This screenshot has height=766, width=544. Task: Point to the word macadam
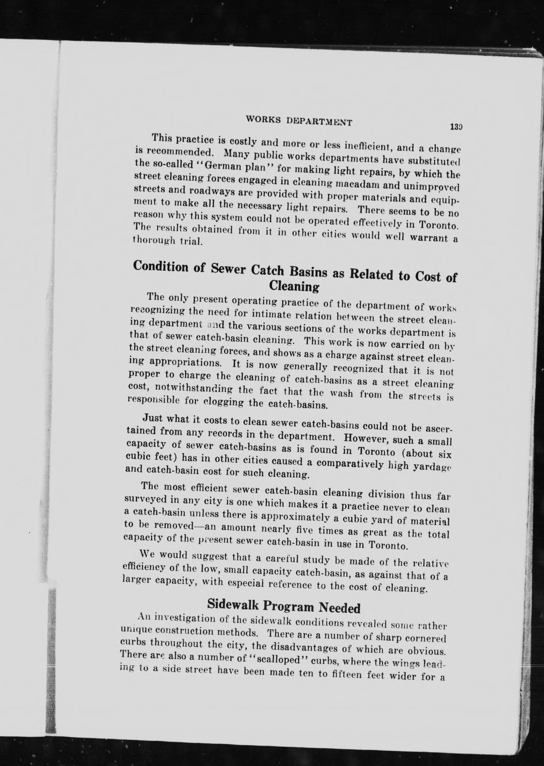click(x=357, y=184)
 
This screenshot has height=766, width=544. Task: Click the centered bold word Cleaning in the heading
click(x=294, y=286)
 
